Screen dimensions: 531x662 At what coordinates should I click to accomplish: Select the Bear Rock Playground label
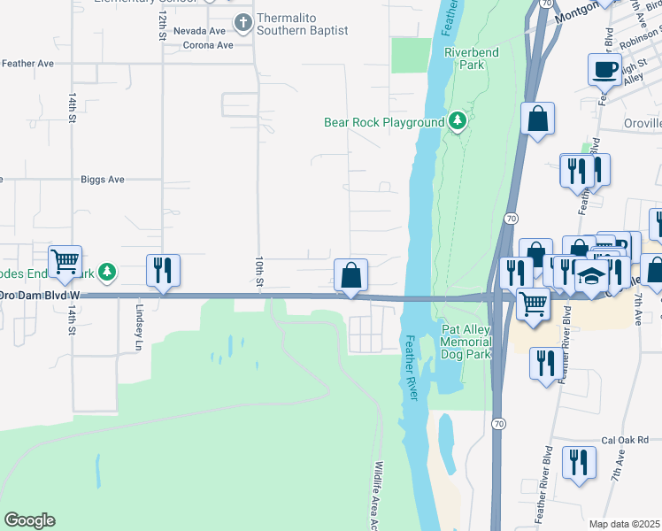pos(384,122)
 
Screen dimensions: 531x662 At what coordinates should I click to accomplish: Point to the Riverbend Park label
pos(471,58)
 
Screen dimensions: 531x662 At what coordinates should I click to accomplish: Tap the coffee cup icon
pos(605,70)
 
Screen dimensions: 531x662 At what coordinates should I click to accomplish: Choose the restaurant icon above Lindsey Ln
pos(163,270)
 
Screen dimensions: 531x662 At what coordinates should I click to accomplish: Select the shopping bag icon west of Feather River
pos(350,276)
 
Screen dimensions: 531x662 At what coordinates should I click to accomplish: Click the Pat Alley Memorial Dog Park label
pos(466,342)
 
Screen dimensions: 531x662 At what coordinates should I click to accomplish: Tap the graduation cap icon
pos(590,275)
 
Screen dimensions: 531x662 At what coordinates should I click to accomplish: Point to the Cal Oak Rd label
pos(625,440)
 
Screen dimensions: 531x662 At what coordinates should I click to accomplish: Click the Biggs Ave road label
pos(103,179)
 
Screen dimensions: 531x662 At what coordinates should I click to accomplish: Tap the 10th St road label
pos(258,272)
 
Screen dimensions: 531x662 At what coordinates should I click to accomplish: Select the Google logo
pos(29,520)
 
